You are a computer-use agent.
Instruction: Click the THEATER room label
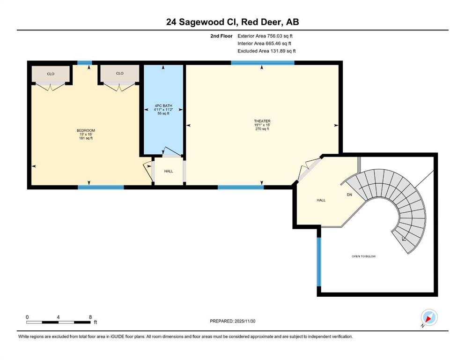262,121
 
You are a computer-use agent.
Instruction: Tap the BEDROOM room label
86,131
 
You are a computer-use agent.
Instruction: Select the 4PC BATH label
163,105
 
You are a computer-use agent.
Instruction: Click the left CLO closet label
51,74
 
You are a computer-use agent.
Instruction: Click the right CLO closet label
120,73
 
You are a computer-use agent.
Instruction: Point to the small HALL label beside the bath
169,171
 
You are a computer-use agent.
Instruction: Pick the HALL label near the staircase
321,200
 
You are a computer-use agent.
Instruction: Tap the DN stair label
350,195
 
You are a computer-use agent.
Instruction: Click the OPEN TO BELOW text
364,256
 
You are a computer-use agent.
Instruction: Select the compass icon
429,317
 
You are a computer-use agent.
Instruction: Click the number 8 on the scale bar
90,317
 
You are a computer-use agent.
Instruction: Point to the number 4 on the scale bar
59,317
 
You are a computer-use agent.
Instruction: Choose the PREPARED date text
232,321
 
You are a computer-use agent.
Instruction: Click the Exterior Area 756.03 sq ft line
265,36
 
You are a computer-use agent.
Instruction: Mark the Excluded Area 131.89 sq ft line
266,51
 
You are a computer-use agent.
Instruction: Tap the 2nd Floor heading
221,36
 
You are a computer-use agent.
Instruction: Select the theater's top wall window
263,63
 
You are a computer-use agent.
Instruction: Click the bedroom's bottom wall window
101,187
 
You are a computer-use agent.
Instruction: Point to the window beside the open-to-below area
319,262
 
